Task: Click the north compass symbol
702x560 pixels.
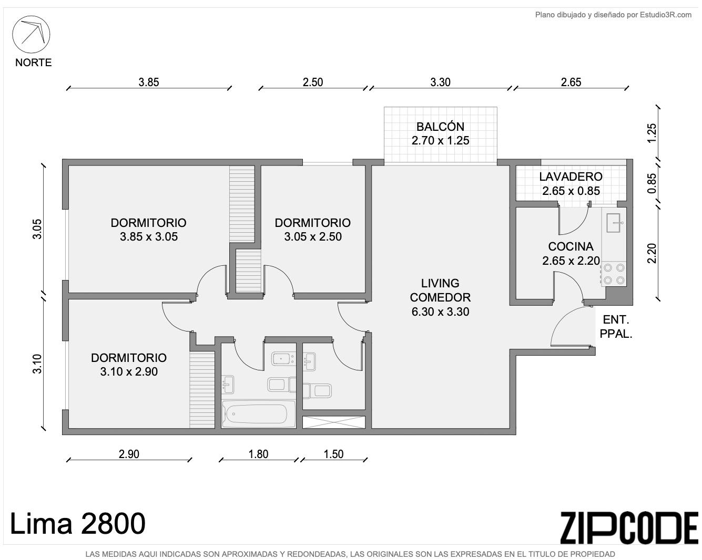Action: point(31,34)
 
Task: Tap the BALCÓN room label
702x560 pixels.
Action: point(440,127)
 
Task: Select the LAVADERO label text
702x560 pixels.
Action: point(571,177)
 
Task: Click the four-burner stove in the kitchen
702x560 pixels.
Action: point(614,274)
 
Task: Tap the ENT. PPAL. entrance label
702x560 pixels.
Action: point(616,327)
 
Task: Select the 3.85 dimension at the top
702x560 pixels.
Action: point(149,82)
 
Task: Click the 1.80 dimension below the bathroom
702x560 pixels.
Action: point(258,454)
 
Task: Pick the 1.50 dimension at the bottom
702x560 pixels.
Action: point(333,454)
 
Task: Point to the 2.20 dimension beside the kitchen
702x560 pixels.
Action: point(652,253)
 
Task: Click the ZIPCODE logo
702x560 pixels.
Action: point(629,528)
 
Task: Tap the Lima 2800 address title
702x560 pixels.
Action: point(78,524)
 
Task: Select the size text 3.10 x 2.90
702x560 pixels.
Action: point(129,371)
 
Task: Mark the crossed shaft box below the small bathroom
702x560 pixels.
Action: point(333,422)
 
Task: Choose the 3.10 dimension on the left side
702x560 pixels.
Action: point(37,364)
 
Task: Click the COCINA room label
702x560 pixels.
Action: point(571,246)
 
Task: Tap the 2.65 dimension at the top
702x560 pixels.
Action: point(571,82)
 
